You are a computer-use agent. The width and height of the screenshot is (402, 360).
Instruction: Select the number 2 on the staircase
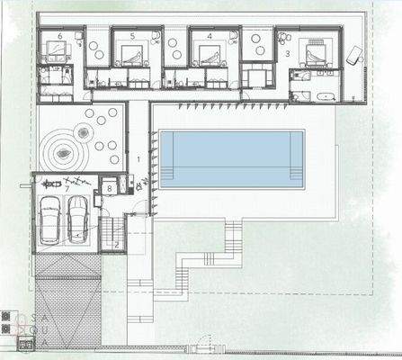pyautogui.click(x=117, y=243)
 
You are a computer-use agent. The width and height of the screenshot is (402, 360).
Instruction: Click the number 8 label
pyautogui.click(x=108, y=188)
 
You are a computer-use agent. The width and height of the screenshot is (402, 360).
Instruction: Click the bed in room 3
pyautogui.click(x=316, y=54)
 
